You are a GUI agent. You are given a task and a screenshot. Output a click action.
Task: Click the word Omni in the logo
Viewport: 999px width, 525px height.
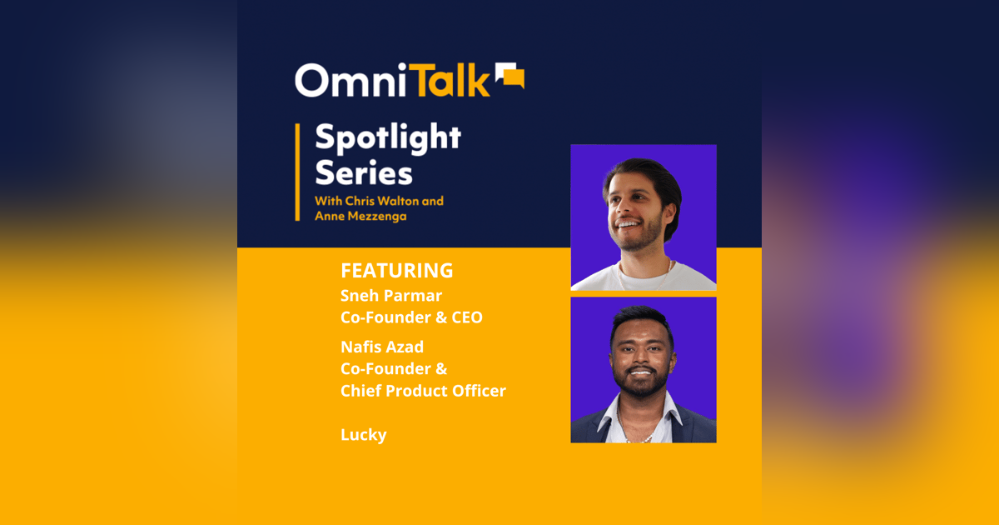pyautogui.click(x=345, y=81)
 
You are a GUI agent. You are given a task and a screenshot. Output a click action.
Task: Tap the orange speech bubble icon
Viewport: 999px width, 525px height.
pyautogui.click(x=509, y=75)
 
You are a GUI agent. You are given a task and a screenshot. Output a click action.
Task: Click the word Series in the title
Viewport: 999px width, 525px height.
pyautogui.click(x=363, y=174)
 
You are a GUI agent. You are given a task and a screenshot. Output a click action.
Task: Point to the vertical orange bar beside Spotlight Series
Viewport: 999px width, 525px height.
pyautogui.click(x=297, y=172)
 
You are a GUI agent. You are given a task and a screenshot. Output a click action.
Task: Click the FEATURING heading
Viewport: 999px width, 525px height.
pyautogui.click(x=396, y=271)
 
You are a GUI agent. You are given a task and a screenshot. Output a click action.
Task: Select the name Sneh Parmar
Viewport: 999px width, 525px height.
pyautogui.click(x=391, y=295)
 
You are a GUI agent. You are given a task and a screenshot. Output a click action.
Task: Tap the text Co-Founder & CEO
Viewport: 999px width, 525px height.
pyautogui.click(x=411, y=317)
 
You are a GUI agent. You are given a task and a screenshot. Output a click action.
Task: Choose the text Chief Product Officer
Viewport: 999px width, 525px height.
pyautogui.click(x=423, y=391)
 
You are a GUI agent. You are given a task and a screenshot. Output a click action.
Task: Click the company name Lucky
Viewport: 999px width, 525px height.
pyautogui.click(x=364, y=435)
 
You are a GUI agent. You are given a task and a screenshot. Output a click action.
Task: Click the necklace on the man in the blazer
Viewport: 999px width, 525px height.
pyautogui.click(x=641, y=433)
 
